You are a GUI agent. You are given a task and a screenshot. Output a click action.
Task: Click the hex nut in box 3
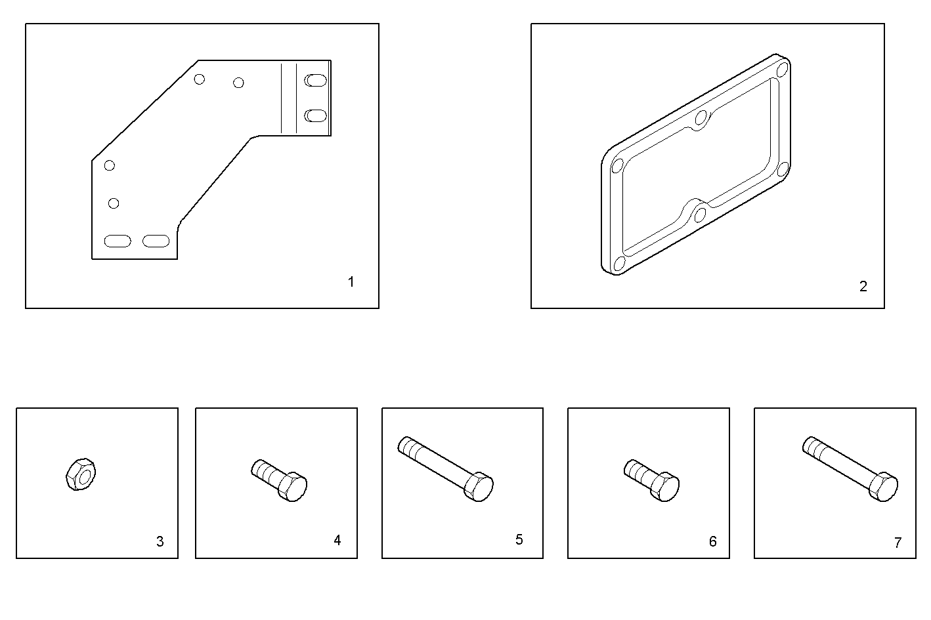tap(81, 474)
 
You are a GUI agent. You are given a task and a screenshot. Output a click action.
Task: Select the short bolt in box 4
tap(279, 480)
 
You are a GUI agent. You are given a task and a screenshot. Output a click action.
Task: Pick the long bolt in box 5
tap(446, 469)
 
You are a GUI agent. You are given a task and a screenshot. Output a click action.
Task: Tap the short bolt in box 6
tap(651, 480)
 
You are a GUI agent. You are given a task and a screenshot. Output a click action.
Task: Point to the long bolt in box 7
tap(850, 469)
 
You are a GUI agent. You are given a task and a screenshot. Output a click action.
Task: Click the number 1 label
tap(351, 282)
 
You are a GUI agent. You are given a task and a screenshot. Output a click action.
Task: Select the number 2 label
tap(863, 286)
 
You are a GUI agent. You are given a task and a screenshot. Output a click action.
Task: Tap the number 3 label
tap(160, 542)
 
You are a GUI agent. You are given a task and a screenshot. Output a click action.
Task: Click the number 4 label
tap(337, 540)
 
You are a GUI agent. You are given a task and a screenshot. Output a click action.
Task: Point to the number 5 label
tap(519, 539)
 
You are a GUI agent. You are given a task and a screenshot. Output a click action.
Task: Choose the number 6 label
tap(713, 542)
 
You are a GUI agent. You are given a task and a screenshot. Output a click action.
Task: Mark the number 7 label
tap(898, 543)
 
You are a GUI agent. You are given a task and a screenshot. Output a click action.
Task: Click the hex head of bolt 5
tap(479, 487)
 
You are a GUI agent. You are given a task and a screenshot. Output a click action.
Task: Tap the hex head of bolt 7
tap(883, 487)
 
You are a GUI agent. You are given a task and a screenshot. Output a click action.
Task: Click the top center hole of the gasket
tap(701, 119)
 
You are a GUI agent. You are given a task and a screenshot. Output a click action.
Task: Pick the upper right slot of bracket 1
tap(316, 81)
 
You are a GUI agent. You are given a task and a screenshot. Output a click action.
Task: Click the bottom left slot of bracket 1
tap(118, 241)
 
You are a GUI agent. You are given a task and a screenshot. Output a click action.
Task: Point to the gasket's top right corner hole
tap(782, 70)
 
